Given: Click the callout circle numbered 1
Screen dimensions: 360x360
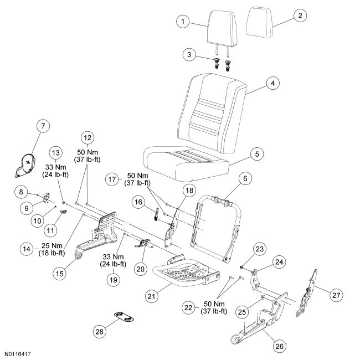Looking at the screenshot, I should point(181,22).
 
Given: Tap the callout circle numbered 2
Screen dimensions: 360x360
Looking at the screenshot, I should point(300,15).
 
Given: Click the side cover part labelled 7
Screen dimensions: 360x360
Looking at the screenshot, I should point(25,164).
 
